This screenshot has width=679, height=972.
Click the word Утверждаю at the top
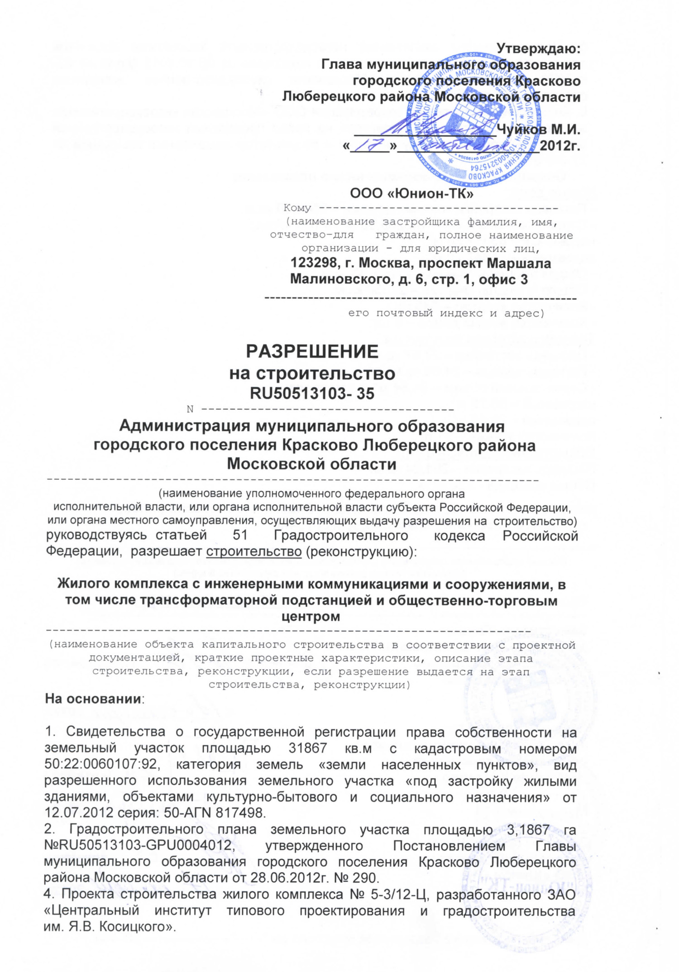pos(538,48)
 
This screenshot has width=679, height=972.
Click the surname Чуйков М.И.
pos(538,129)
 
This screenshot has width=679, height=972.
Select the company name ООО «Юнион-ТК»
pos(411,194)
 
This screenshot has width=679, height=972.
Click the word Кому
pos(297,208)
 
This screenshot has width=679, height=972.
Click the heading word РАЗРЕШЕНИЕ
pos(312,351)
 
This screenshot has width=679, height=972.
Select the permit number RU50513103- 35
pos(312,393)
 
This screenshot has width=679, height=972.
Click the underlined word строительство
pos(253,551)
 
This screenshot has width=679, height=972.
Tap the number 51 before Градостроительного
pos(240,536)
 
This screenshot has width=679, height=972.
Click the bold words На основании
pos(93,699)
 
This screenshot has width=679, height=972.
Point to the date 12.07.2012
pos(78,812)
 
